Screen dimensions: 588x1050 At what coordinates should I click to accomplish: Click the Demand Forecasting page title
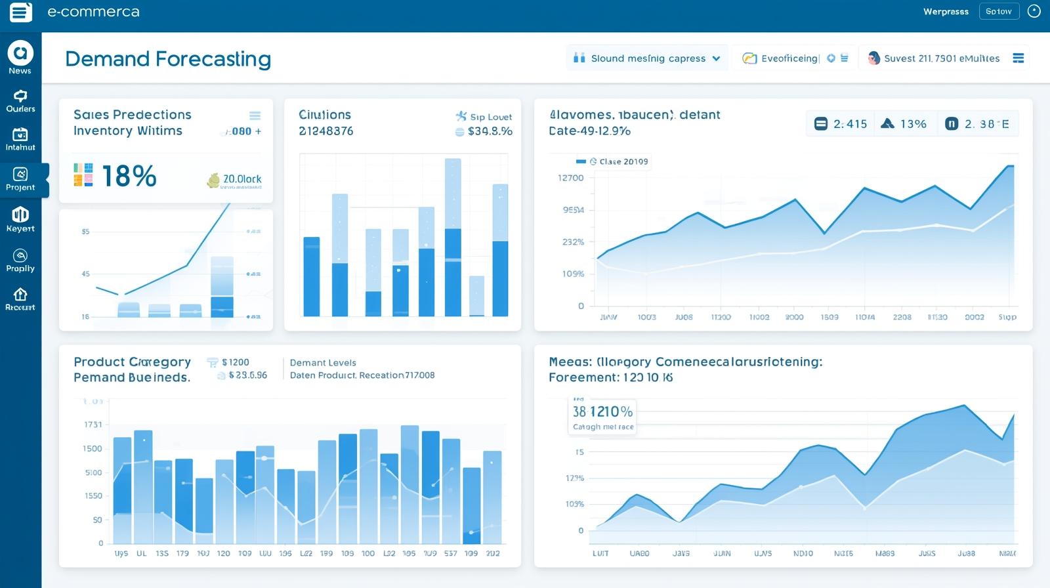coord(168,59)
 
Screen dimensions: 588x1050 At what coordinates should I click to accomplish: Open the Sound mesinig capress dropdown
coord(647,58)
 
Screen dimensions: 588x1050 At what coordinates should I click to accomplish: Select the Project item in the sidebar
coord(20,179)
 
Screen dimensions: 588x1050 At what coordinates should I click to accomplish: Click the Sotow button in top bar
coord(998,11)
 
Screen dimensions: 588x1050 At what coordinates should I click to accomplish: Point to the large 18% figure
coord(129,176)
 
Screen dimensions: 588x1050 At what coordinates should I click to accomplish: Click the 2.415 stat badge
coord(841,123)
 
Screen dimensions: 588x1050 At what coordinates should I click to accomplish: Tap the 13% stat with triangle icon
coord(904,123)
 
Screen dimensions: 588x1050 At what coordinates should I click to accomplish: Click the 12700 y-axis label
coord(570,178)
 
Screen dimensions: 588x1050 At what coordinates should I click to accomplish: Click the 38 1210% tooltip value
coord(602,411)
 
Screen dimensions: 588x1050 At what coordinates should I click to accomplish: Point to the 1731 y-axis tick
coord(93,425)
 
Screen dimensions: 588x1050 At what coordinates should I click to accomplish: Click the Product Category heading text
coord(132,362)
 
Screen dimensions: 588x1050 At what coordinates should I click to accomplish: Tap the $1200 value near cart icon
coord(235,362)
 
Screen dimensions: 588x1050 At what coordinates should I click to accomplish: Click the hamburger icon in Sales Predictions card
coord(255,115)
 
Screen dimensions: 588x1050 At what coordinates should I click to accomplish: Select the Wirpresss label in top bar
coord(946,11)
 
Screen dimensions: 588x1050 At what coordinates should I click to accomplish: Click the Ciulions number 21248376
coord(325,131)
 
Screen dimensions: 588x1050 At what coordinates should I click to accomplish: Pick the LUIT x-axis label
coord(600,553)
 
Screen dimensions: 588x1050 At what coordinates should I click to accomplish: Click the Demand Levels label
coord(323,362)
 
